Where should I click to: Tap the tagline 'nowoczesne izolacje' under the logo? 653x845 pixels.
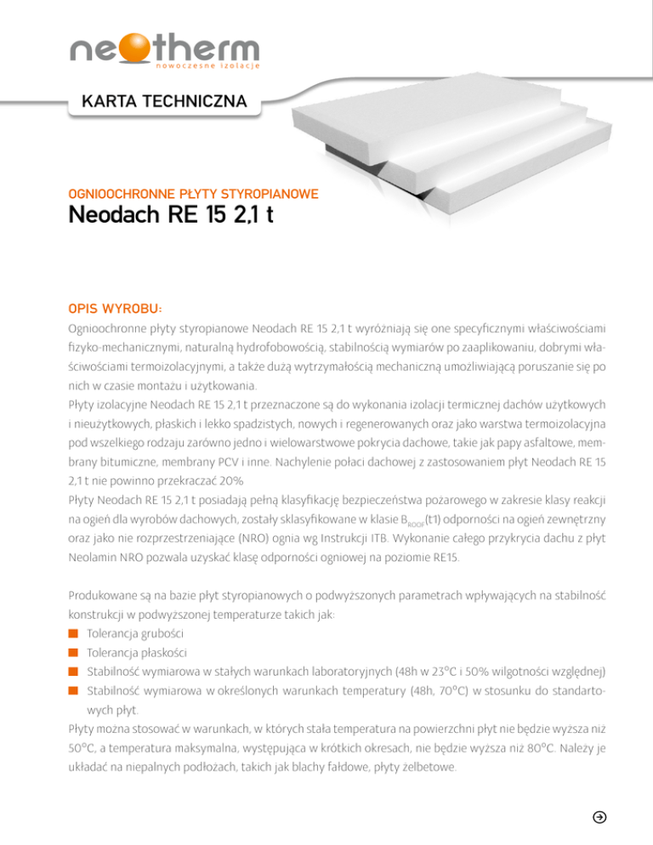click(x=206, y=65)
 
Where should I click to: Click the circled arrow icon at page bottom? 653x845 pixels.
click(x=599, y=817)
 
